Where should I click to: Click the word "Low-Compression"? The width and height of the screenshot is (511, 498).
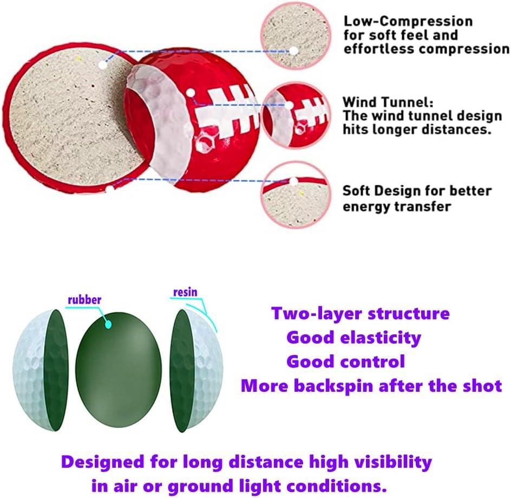pyautogui.click(x=408, y=22)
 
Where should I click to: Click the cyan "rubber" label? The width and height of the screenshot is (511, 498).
pyautogui.click(x=84, y=299)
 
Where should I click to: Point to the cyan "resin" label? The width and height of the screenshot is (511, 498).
pyautogui.click(x=185, y=293)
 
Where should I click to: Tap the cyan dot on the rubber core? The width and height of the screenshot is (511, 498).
pyautogui.click(x=108, y=324)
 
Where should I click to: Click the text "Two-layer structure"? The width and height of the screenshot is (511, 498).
pyautogui.click(x=360, y=313)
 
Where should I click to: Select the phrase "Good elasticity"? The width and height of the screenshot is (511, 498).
pyautogui.click(x=353, y=338)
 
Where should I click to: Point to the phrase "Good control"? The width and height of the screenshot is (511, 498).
pyautogui.click(x=345, y=361)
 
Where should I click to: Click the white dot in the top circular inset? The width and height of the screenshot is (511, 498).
pyautogui.click(x=293, y=50)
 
